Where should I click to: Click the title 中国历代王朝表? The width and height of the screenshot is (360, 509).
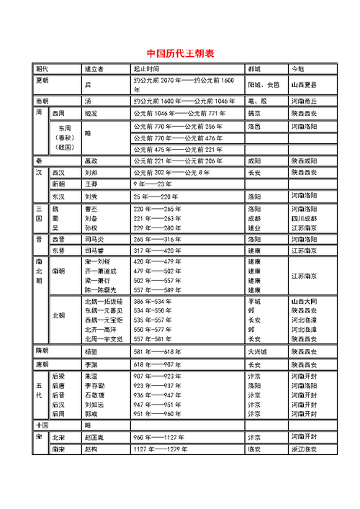coord(180,53)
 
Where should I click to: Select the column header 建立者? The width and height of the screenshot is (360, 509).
coord(94,69)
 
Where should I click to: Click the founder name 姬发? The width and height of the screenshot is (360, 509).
coord(92,114)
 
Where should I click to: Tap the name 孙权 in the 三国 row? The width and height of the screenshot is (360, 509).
coord(91,228)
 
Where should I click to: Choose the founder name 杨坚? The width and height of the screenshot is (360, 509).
coord(91,353)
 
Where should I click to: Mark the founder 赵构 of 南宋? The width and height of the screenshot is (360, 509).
coord(91,449)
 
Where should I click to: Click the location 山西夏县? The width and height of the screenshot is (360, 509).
coord(304,85)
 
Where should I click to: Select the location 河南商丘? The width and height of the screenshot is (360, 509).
coord(304,102)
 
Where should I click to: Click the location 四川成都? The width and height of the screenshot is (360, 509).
coord(304,217)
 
